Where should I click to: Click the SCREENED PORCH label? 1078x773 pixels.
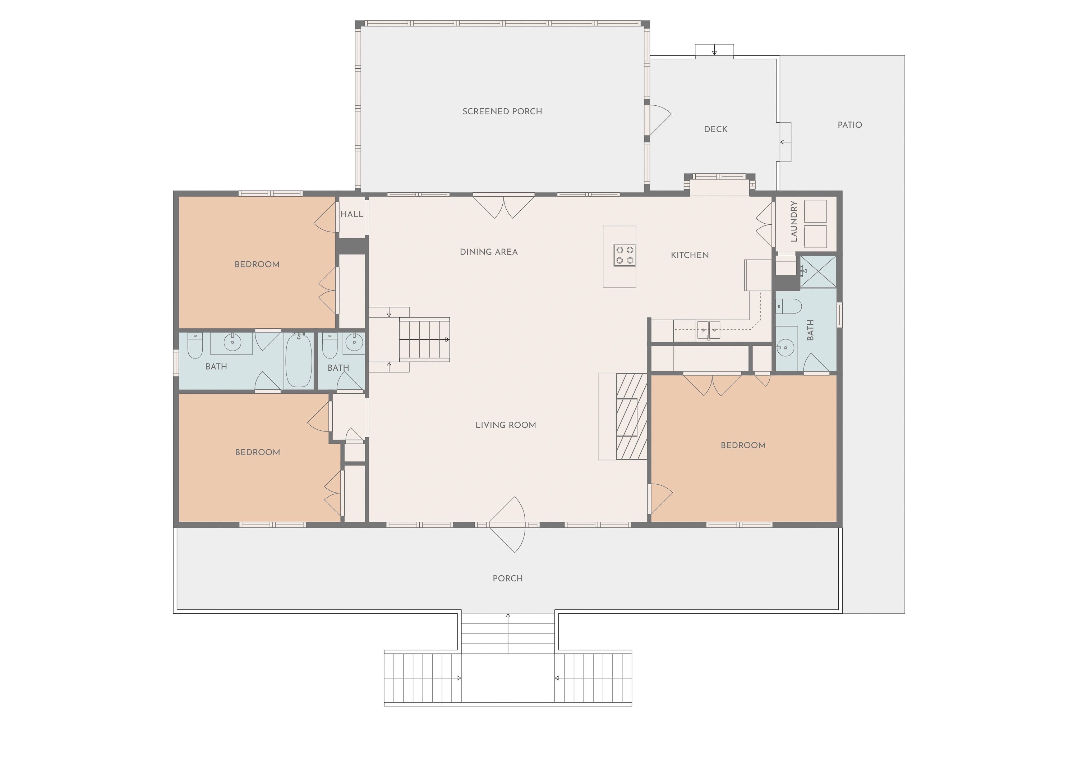pos(502,111)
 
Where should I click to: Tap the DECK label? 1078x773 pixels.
pos(715,129)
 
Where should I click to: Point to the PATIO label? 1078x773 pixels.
pos(849,125)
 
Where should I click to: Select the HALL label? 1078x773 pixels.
pos(352,214)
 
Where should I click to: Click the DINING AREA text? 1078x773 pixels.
pos(489,252)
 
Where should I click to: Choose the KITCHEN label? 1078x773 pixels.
pos(690,255)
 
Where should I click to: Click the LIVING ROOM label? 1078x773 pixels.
pos(506,425)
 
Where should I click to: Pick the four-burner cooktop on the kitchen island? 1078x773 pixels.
pos(625,255)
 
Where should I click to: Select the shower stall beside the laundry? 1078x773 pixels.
pos(818,271)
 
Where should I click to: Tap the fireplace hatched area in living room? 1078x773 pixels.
pos(632,416)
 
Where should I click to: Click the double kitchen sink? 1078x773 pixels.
pos(708,330)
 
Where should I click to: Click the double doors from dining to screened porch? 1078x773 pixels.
pos(503,206)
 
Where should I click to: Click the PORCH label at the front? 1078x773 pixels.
pos(508,578)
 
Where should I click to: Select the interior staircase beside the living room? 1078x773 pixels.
pos(424,340)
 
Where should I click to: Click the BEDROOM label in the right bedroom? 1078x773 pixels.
pos(743,445)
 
